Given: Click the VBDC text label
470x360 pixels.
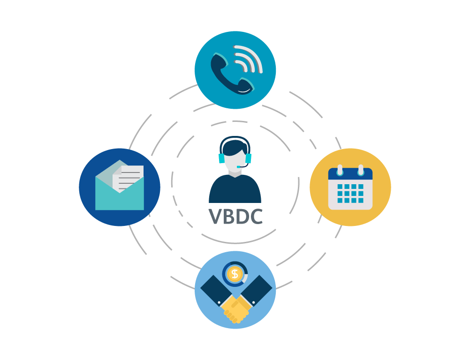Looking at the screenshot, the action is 235,216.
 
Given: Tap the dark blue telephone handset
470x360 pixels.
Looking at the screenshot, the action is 231,74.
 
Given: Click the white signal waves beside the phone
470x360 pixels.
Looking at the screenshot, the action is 248,59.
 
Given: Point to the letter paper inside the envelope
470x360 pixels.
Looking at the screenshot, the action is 128,178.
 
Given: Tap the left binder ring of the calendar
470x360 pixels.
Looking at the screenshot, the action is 340,170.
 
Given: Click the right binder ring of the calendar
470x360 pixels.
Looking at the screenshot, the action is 361,170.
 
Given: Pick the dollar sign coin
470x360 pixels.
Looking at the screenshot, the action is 235,274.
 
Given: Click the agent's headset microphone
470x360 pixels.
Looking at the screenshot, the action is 242,165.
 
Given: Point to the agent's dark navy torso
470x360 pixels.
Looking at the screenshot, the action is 235,189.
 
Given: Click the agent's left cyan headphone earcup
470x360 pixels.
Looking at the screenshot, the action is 221,158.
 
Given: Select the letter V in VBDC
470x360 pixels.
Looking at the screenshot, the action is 215,216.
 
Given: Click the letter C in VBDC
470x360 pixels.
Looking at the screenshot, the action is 257,216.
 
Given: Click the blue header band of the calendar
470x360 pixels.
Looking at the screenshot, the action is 350,174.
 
